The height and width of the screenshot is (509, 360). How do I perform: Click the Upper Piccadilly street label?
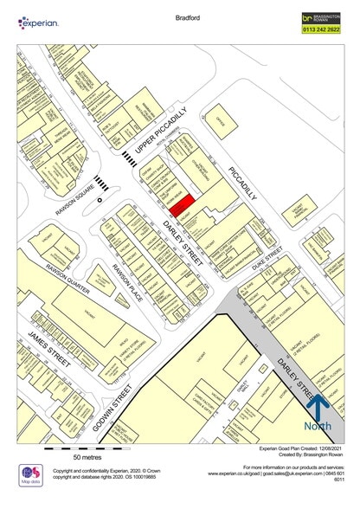pyautogui.click(x=161, y=135)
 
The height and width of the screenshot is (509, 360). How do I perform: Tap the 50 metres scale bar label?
pyautogui.click(x=88, y=456)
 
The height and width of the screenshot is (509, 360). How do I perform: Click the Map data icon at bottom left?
pyautogui.click(x=31, y=474)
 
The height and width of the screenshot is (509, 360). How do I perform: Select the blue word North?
pyautogui.click(x=317, y=427)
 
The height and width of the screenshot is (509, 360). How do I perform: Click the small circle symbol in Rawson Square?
pyautogui.click(x=100, y=200)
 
